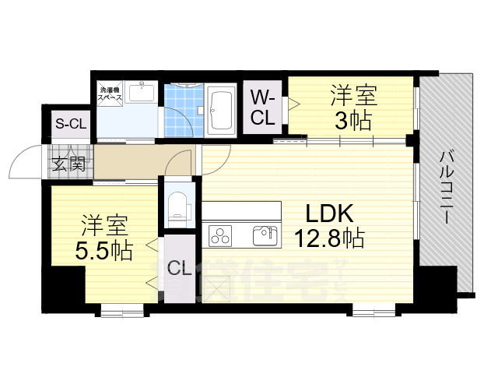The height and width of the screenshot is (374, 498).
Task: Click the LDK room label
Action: pyautogui.click(x=326, y=212)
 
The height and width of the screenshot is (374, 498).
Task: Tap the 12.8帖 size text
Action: pyautogui.click(x=326, y=237)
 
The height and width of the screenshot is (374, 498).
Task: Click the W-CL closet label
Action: pyautogui.click(x=262, y=108)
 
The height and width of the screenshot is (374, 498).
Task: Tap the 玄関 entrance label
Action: pyautogui.click(x=69, y=164)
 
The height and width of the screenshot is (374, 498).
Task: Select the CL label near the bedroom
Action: pyautogui.click(x=180, y=270)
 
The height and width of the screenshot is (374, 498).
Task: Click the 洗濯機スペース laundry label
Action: pyautogui.click(x=110, y=96)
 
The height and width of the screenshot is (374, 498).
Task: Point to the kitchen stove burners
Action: pyautogui.click(x=220, y=235)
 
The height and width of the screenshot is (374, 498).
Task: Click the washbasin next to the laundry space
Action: pyautogui.click(x=142, y=93)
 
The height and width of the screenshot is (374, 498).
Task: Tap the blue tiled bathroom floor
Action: pyautogui.click(x=184, y=111)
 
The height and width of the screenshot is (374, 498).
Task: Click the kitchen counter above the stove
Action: pyautogui.click(x=241, y=211)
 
